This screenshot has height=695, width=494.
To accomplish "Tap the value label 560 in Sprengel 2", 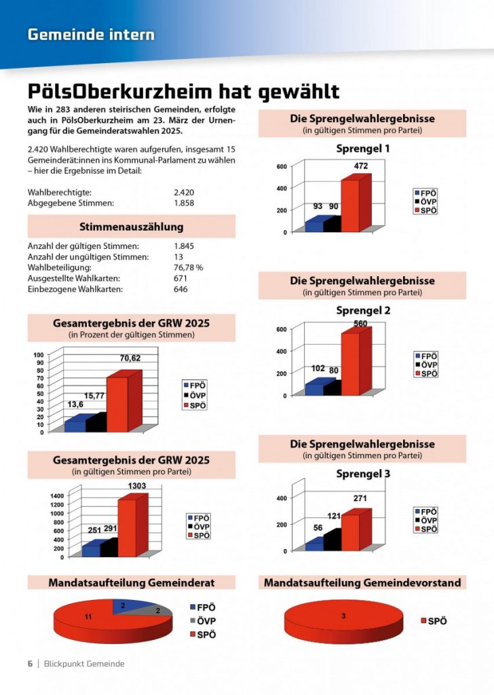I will (x=360, y=324).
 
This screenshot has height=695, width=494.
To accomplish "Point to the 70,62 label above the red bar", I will (x=130, y=358).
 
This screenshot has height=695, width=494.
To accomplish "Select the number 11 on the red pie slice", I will (x=88, y=616).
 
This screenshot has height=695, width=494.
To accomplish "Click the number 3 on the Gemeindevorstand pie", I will (x=343, y=616).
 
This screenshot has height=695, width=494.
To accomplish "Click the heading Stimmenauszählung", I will (x=131, y=226).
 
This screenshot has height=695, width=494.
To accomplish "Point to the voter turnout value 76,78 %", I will (x=189, y=267).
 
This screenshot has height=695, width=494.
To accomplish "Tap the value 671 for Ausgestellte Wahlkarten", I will (x=180, y=278).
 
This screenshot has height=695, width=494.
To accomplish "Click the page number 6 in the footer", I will (x=30, y=664).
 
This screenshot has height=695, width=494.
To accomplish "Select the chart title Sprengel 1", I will (x=363, y=148).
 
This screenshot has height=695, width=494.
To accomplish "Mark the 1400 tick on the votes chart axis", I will (x=57, y=496).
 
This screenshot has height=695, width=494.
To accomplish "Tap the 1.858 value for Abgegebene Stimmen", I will (x=185, y=203).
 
